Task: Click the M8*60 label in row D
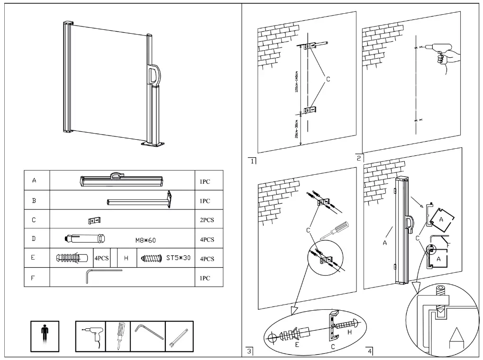coord(145,240)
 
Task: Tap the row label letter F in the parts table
coord(34,278)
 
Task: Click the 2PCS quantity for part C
coord(207,220)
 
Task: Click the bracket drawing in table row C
coord(95,220)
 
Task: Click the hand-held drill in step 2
coord(441,53)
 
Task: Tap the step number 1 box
coord(252,161)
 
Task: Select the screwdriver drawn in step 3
coord(333,230)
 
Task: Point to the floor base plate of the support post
coord(155,144)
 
